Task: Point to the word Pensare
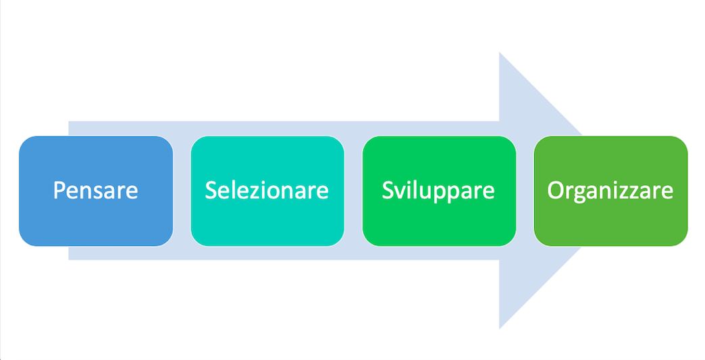point(96,190)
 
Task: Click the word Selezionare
point(267,190)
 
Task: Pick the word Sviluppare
point(439,190)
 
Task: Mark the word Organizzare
point(610,190)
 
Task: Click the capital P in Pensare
point(60,190)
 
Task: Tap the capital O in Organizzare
point(556,190)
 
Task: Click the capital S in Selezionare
point(212,190)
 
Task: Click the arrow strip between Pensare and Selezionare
point(182,190)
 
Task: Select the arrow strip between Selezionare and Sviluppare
point(353,190)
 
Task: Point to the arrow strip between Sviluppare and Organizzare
point(525,190)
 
